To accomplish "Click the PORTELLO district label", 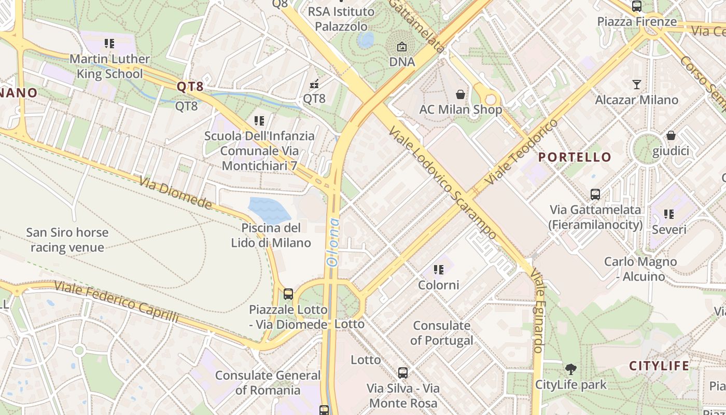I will point(575,157).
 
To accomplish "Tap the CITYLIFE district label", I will point(659,366).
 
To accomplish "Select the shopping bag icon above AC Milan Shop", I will point(460,94).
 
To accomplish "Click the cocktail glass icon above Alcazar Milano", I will point(637,84).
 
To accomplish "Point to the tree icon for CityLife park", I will point(570,369).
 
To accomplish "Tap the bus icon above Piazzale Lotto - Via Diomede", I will point(288,294).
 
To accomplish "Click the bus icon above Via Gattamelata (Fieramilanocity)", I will point(595,195).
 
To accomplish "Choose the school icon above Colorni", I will point(439,270).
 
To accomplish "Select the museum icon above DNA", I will point(401,47).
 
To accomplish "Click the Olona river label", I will point(333,242).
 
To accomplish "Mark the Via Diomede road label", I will point(176,193).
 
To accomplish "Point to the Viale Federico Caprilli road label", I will point(116,302).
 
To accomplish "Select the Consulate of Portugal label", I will point(442,333).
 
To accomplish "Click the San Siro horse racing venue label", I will point(67,240).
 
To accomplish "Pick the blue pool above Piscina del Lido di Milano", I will point(269,210).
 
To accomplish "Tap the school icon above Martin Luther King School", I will point(109,43).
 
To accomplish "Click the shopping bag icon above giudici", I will point(671,135).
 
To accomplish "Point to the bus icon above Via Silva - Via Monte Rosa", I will point(403,372).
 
